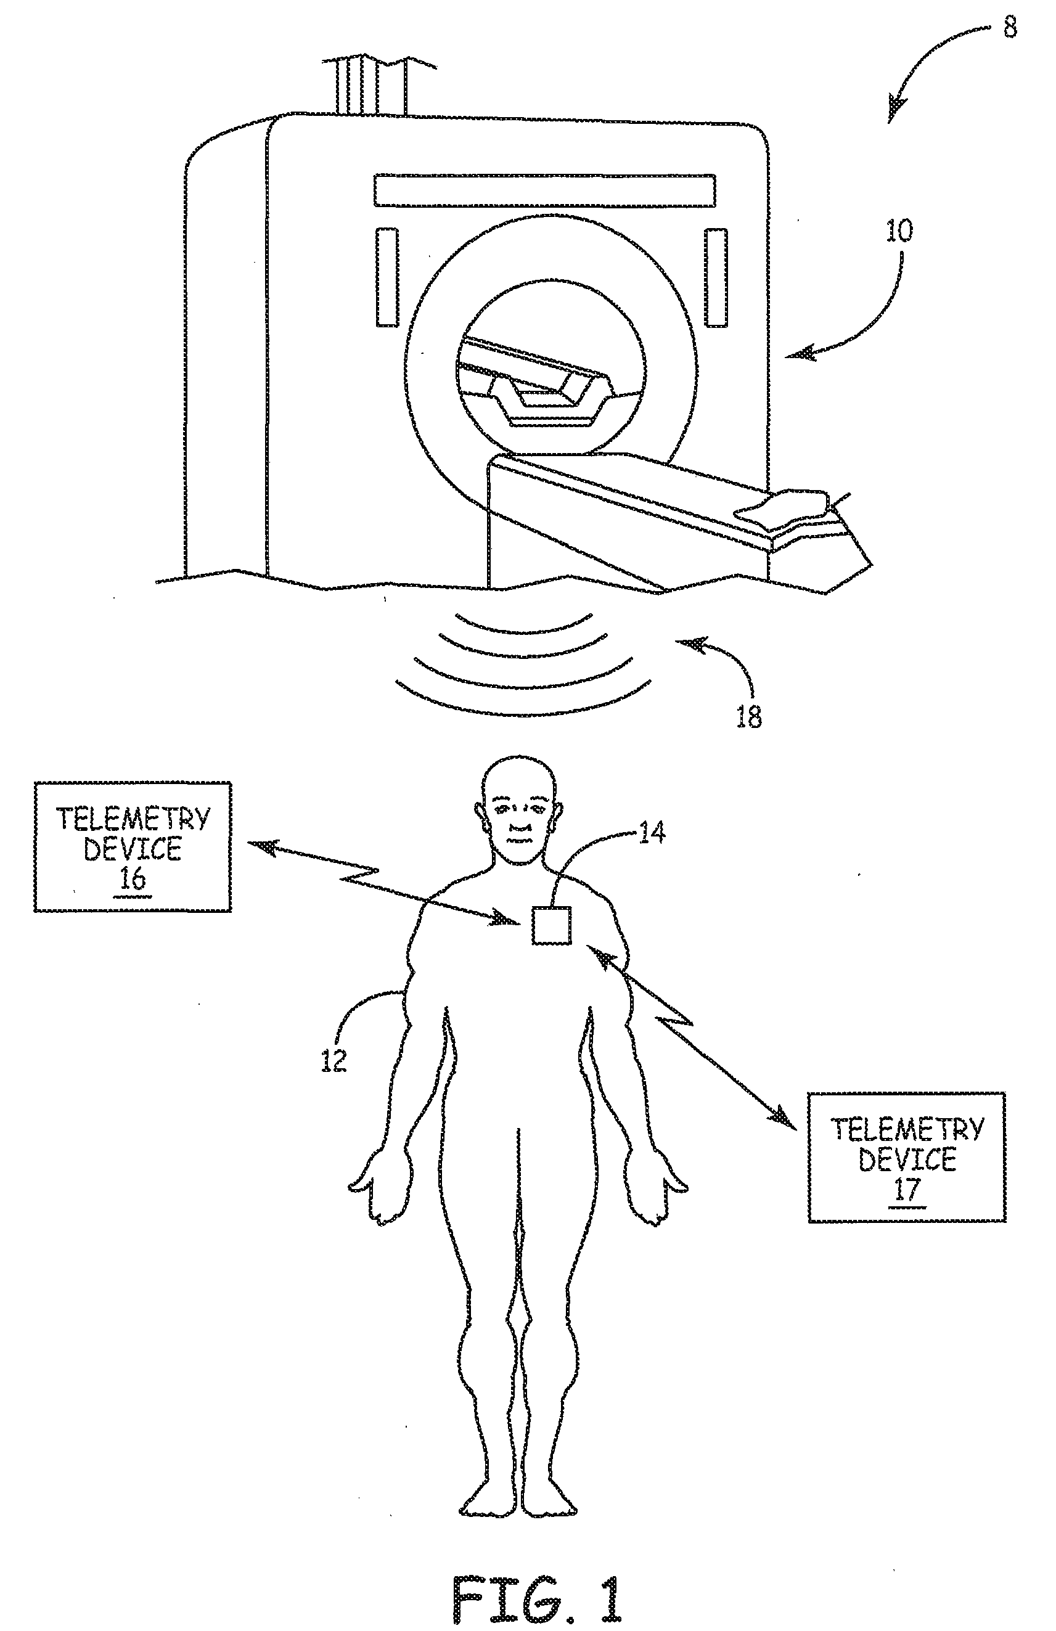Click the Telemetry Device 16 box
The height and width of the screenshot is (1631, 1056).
pyautogui.click(x=133, y=846)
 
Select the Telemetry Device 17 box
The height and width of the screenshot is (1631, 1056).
pyautogui.click(x=907, y=1158)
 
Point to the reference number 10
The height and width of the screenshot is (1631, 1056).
pyautogui.click(x=899, y=231)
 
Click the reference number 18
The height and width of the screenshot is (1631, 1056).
pyautogui.click(x=748, y=717)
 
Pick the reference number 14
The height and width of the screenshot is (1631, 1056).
pyautogui.click(x=651, y=833)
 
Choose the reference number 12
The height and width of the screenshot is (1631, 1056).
pyautogui.click(x=334, y=1061)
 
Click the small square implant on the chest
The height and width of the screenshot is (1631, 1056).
pyautogui.click(x=552, y=925)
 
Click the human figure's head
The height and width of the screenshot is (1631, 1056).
pyautogui.click(x=518, y=802)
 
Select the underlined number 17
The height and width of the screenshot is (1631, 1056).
pyautogui.click(x=906, y=1189)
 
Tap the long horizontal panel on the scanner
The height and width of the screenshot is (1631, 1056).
pyautogui.click(x=544, y=190)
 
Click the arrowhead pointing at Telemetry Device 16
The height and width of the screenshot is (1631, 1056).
pyautogui.click(x=259, y=847)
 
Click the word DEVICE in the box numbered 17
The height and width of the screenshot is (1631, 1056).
pyautogui.click(x=907, y=1159)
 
